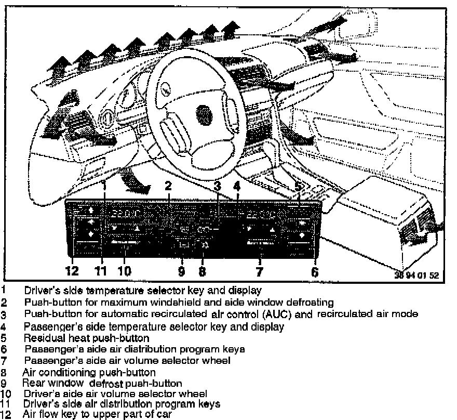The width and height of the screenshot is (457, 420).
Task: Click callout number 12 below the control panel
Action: click(x=72, y=271)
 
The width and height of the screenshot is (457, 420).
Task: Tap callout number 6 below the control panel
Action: click(x=314, y=271)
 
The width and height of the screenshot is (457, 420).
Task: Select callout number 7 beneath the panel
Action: click(x=259, y=271)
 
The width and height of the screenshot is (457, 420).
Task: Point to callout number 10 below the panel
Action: click(x=124, y=271)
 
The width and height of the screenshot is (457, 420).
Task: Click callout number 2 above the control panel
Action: click(x=168, y=185)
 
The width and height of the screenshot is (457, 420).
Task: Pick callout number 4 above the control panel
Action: click(x=237, y=185)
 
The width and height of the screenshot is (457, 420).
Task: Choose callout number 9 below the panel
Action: click(x=181, y=271)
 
